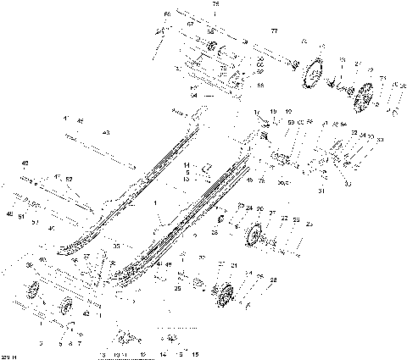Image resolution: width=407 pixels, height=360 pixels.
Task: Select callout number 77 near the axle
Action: click(273, 30)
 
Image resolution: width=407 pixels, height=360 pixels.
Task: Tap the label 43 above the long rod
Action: click(107, 132)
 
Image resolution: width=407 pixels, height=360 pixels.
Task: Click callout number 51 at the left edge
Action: click(20, 216)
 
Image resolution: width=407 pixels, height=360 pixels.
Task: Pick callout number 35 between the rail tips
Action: click(116, 246)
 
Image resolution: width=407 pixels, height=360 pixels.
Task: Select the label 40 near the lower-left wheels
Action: click(42, 258)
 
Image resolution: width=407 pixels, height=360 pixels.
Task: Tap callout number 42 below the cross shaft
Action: click(85, 314)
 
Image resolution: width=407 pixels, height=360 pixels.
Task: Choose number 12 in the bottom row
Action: click(142, 352)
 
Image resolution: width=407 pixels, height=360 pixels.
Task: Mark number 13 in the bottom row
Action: click(103, 352)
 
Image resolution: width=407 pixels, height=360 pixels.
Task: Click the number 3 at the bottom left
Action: click(41, 342)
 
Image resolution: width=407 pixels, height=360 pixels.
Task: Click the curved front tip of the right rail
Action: click(119, 275)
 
